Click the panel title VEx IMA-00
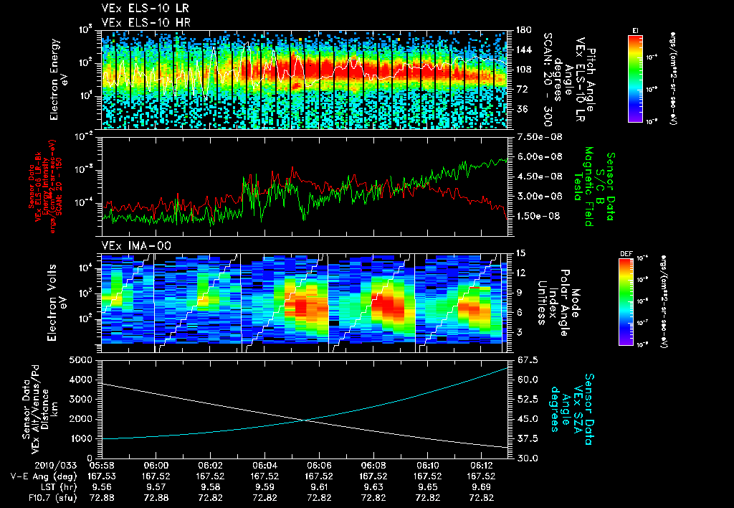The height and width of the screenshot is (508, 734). click(x=129, y=246)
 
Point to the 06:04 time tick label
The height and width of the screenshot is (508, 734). click(x=264, y=465)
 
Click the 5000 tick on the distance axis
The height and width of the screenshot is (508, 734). click(x=85, y=359)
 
